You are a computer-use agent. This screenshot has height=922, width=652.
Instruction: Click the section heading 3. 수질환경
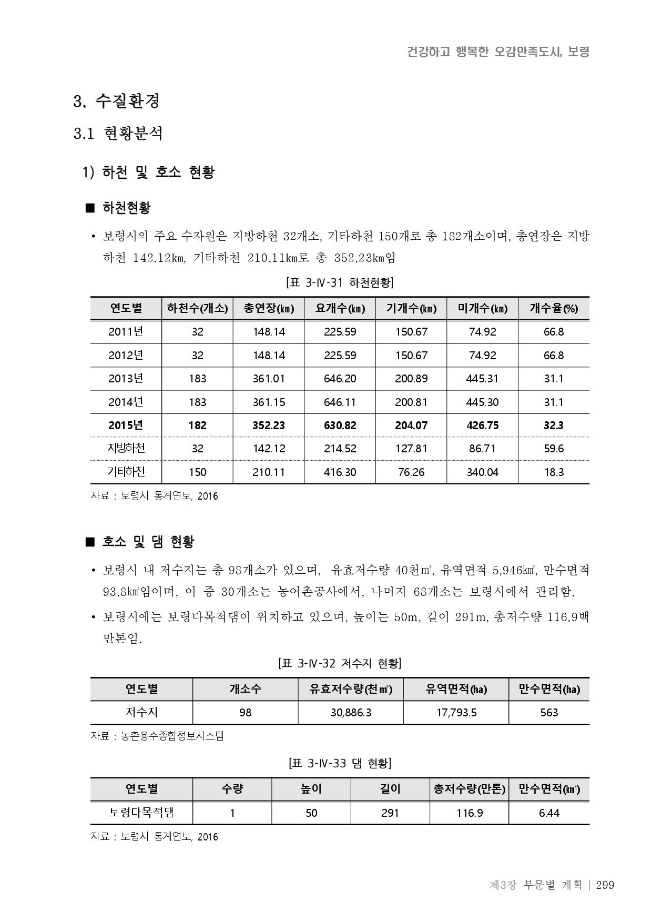(117, 101)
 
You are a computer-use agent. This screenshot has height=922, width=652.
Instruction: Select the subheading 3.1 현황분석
(118, 134)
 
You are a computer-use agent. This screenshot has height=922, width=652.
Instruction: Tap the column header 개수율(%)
(554, 309)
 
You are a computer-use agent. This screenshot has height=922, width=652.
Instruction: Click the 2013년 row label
(126, 379)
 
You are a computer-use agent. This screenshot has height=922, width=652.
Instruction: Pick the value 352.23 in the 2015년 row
(269, 425)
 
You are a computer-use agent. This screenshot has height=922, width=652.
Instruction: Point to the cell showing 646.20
(340, 379)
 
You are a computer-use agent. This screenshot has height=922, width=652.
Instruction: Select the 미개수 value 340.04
(482, 472)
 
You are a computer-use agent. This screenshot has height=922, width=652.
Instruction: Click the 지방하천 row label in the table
(126, 449)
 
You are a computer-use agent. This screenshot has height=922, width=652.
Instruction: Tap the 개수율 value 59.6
(554, 449)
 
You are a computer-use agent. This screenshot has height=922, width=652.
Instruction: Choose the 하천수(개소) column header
(197, 309)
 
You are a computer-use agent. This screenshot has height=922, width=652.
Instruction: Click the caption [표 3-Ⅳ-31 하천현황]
(340, 283)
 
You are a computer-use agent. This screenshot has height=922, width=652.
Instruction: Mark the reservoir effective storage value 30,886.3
(351, 713)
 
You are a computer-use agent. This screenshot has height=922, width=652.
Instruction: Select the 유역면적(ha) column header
(456, 690)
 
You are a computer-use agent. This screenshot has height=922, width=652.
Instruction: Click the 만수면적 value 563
(549, 713)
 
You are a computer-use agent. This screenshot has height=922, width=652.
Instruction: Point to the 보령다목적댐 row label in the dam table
(141, 813)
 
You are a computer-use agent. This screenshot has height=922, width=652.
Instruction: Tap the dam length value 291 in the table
(390, 813)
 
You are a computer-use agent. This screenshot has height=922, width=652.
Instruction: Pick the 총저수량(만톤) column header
(469, 789)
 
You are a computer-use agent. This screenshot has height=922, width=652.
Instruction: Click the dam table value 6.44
(549, 813)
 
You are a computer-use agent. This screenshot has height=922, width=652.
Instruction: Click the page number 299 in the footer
(605, 885)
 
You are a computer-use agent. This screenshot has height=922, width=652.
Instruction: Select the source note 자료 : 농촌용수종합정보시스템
(157, 736)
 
